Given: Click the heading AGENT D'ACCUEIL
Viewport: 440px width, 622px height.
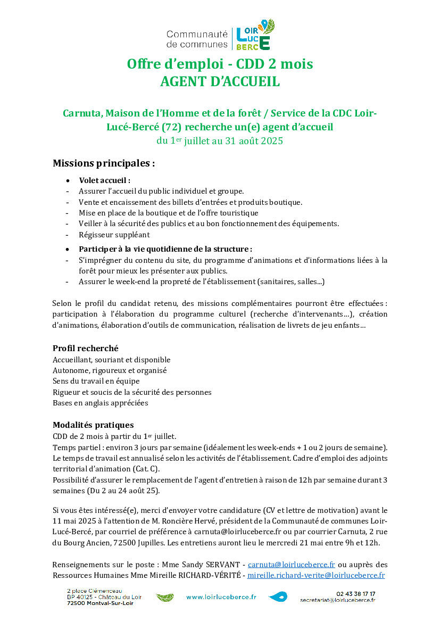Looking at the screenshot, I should [x=220, y=82].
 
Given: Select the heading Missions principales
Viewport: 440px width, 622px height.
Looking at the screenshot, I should [x=104, y=163].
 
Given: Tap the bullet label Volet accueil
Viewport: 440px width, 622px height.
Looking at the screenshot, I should [x=104, y=180].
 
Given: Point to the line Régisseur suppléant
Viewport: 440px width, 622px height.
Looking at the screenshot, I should [x=114, y=235].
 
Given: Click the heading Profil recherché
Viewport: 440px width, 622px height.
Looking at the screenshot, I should [x=85, y=349].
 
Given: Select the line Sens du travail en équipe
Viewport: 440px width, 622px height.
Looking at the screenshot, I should [x=96, y=381].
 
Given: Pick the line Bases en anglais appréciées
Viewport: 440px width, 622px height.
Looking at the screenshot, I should [x=100, y=403].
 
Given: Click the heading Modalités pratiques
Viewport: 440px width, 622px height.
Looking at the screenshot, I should [x=93, y=425].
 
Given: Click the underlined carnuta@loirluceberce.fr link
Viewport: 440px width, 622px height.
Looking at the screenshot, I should [x=291, y=565].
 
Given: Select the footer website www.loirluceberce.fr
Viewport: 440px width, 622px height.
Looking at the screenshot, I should [x=221, y=597].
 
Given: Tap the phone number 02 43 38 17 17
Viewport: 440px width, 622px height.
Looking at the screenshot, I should [x=355, y=593].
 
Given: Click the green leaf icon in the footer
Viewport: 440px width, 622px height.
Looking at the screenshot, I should [x=165, y=598].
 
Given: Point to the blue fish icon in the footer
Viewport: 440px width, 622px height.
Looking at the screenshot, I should [x=278, y=597].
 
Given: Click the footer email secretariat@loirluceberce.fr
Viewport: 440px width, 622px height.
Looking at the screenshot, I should [x=337, y=600].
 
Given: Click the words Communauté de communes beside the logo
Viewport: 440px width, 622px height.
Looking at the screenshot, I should [x=197, y=39].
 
